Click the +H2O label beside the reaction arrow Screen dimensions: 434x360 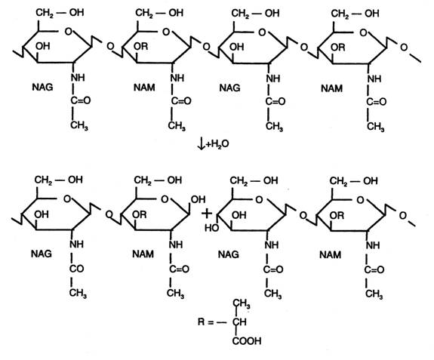(x=217, y=144)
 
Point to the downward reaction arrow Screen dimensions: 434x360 (x=202, y=143)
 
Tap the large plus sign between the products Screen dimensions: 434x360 (x=207, y=214)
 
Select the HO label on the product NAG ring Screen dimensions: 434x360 (x=212, y=228)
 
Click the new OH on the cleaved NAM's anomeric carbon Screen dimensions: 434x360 (x=199, y=199)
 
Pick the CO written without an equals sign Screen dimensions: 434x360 (x=77, y=269)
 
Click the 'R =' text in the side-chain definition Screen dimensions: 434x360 (x=205, y=322)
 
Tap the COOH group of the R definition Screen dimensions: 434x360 (x=247, y=340)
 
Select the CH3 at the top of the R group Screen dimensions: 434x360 (x=242, y=303)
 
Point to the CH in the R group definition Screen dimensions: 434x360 (x=239, y=322)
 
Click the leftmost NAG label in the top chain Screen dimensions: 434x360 (x=42, y=87)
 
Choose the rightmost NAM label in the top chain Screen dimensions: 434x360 (x=331, y=88)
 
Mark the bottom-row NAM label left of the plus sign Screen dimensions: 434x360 (x=143, y=254)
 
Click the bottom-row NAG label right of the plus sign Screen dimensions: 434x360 (x=229, y=254)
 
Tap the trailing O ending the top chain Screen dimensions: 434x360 (x=404, y=48)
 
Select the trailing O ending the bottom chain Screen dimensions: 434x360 (x=403, y=215)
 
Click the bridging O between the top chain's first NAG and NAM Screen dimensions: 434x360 (x=110, y=46)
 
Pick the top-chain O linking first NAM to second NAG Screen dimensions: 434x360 (x=206, y=47)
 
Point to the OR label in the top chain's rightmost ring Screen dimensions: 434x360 (x=338, y=48)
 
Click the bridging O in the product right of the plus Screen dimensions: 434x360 (x=303, y=215)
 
